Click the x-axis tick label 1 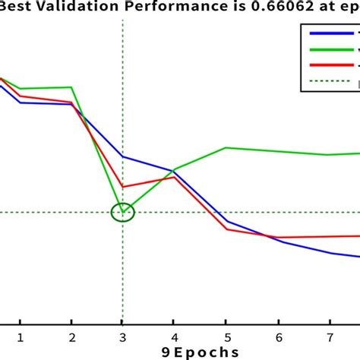tap(21, 336)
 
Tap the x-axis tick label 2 tap(71, 336)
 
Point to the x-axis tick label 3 tap(122, 336)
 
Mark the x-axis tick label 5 tap(226, 336)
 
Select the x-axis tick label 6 tap(278, 336)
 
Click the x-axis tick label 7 tap(329, 336)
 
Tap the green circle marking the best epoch tap(122, 212)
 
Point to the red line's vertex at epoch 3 tap(123, 187)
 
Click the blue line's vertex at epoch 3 tap(123, 156)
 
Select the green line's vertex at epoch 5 tap(226, 147)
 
